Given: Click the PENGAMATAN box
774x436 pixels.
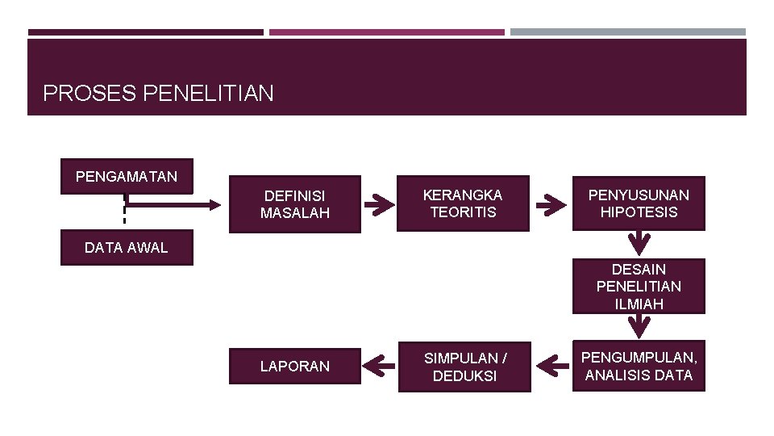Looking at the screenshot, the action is pos(127,176).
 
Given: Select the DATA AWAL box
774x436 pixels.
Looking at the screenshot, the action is pos(127,248).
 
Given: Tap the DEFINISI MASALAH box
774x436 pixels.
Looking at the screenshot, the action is pos(294,204).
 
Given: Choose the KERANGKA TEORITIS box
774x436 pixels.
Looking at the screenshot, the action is pos(463,203).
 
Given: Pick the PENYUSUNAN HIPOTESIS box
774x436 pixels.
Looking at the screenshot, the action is pos(639,203).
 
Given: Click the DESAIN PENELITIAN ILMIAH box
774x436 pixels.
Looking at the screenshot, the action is pos(639,286).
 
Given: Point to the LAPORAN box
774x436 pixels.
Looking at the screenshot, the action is pos(294,366).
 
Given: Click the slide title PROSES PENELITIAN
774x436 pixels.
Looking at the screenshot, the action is pos(158,94).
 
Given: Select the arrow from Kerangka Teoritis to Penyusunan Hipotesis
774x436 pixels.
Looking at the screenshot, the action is pos(551,204).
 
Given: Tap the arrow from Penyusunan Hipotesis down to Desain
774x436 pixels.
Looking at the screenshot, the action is pos(639,242).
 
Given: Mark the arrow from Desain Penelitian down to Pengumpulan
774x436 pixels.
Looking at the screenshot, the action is pos(639,325).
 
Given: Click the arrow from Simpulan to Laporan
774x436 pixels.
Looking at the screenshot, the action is pos(379,366).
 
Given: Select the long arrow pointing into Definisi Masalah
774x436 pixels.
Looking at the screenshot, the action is pos(173,204).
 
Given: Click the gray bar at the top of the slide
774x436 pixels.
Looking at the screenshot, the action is pos(628,32).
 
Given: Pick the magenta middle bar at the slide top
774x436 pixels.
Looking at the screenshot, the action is pos(387,32).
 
